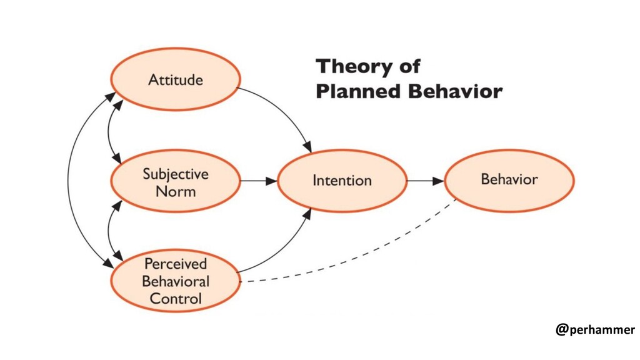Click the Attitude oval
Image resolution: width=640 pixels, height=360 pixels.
click(x=176, y=79)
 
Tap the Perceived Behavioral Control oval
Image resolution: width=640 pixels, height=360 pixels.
click(x=176, y=281)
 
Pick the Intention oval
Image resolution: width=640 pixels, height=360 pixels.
click(x=342, y=181)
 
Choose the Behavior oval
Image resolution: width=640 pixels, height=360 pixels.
click(x=509, y=180)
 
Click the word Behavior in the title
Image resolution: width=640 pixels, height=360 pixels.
click(x=455, y=92)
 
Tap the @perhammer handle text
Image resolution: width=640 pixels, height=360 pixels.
click(x=594, y=329)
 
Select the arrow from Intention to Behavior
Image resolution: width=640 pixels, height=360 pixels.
click(x=426, y=181)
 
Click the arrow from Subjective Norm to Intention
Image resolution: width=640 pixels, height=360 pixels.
click(x=259, y=181)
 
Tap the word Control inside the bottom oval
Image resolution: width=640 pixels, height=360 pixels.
click(x=176, y=298)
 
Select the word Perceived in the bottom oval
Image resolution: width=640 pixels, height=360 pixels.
click(x=176, y=263)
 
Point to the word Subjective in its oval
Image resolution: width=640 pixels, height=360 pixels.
click(x=176, y=173)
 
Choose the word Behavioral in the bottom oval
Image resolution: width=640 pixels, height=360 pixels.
click(x=176, y=281)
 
